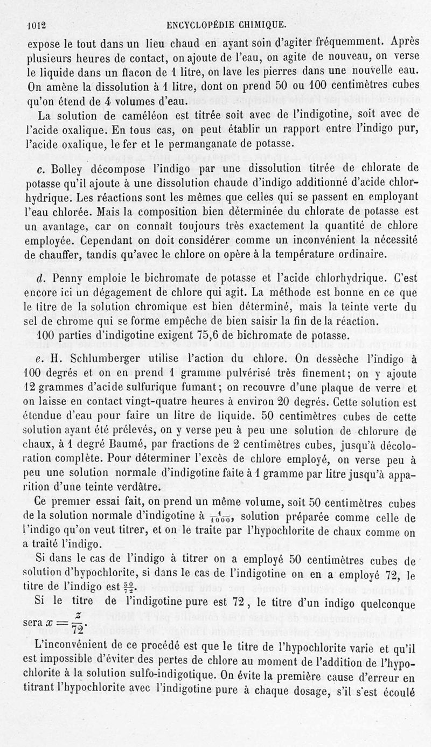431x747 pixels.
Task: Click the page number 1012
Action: coord(37,24)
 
